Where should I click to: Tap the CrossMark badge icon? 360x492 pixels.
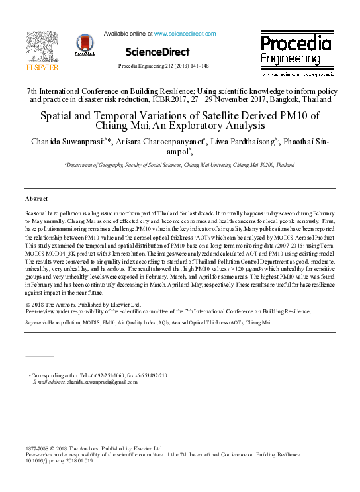pyautogui.click(x=86, y=46)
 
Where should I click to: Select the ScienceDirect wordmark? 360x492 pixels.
pyautogui.click(x=157, y=51)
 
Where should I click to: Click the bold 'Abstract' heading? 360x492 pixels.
pyautogui.click(x=36, y=199)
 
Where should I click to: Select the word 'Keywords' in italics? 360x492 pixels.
pyautogui.click(x=36, y=322)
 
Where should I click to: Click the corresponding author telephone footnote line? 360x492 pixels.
pyautogui.click(x=99, y=375)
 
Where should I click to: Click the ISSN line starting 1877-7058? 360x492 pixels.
pyautogui.click(x=93, y=448)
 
